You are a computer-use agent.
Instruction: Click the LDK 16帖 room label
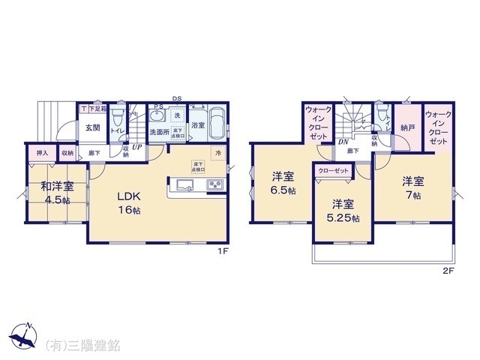tap(127, 202)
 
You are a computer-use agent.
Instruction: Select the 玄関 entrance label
tap(93, 127)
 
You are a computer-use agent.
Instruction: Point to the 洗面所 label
tap(159, 132)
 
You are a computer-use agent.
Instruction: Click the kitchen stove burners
tap(214, 184)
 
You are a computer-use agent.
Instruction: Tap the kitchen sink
tap(184, 184)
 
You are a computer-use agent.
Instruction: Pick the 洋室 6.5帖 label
tap(283, 183)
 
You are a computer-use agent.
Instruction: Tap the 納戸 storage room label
tap(408, 127)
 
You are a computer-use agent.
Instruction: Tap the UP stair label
tap(137, 148)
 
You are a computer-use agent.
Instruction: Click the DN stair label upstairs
tap(342, 142)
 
